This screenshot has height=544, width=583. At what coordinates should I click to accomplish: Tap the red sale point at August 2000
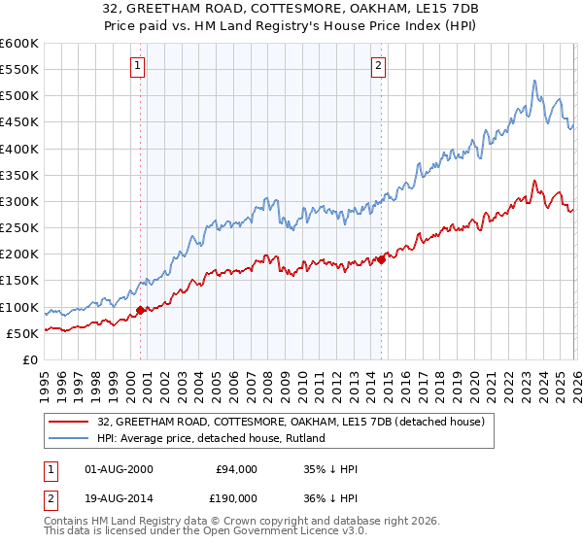click(x=140, y=310)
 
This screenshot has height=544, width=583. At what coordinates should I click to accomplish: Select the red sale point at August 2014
click(x=381, y=259)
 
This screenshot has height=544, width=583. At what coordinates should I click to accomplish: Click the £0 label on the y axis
click(x=30, y=359)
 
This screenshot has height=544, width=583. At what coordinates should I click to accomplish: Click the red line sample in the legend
click(x=71, y=423)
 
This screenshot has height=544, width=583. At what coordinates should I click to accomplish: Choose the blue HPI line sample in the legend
click(x=71, y=439)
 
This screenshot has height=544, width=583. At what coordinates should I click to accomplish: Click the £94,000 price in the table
click(x=236, y=469)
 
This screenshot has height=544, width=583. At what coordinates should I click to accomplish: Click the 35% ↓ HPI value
click(x=330, y=469)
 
